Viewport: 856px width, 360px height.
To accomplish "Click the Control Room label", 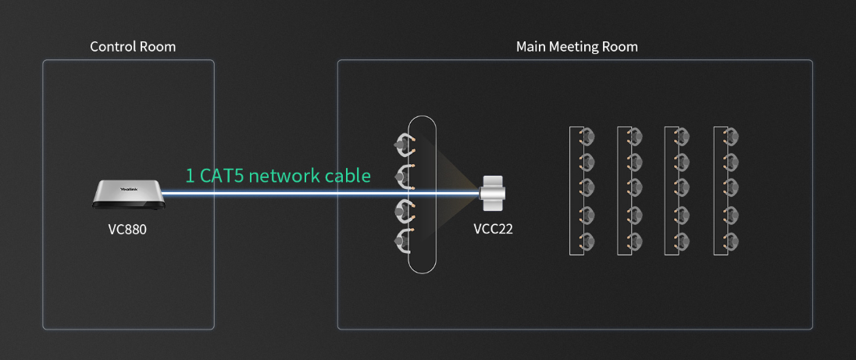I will [x=133, y=47].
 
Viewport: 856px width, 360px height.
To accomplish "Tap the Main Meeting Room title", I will [x=576, y=47].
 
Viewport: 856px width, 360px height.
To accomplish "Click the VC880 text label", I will [x=127, y=230].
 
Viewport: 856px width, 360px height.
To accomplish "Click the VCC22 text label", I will [x=493, y=230].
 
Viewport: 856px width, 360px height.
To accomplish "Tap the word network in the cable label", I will [x=288, y=176].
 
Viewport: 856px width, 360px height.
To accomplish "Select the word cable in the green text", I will [x=348, y=176].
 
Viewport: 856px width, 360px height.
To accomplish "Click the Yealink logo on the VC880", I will [x=128, y=188].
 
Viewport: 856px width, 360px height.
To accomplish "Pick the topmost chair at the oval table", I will [x=404, y=143].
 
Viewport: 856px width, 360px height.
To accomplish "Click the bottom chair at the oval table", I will [x=404, y=241].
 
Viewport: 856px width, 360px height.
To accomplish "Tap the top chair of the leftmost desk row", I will [x=587, y=137].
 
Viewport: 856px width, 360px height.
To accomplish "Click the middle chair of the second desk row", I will [x=635, y=188].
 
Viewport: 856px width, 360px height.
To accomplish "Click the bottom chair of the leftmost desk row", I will [x=587, y=241].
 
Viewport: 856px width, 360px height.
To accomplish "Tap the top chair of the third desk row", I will [x=682, y=137].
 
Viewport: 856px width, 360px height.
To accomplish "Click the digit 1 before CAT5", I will [x=190, y=176].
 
